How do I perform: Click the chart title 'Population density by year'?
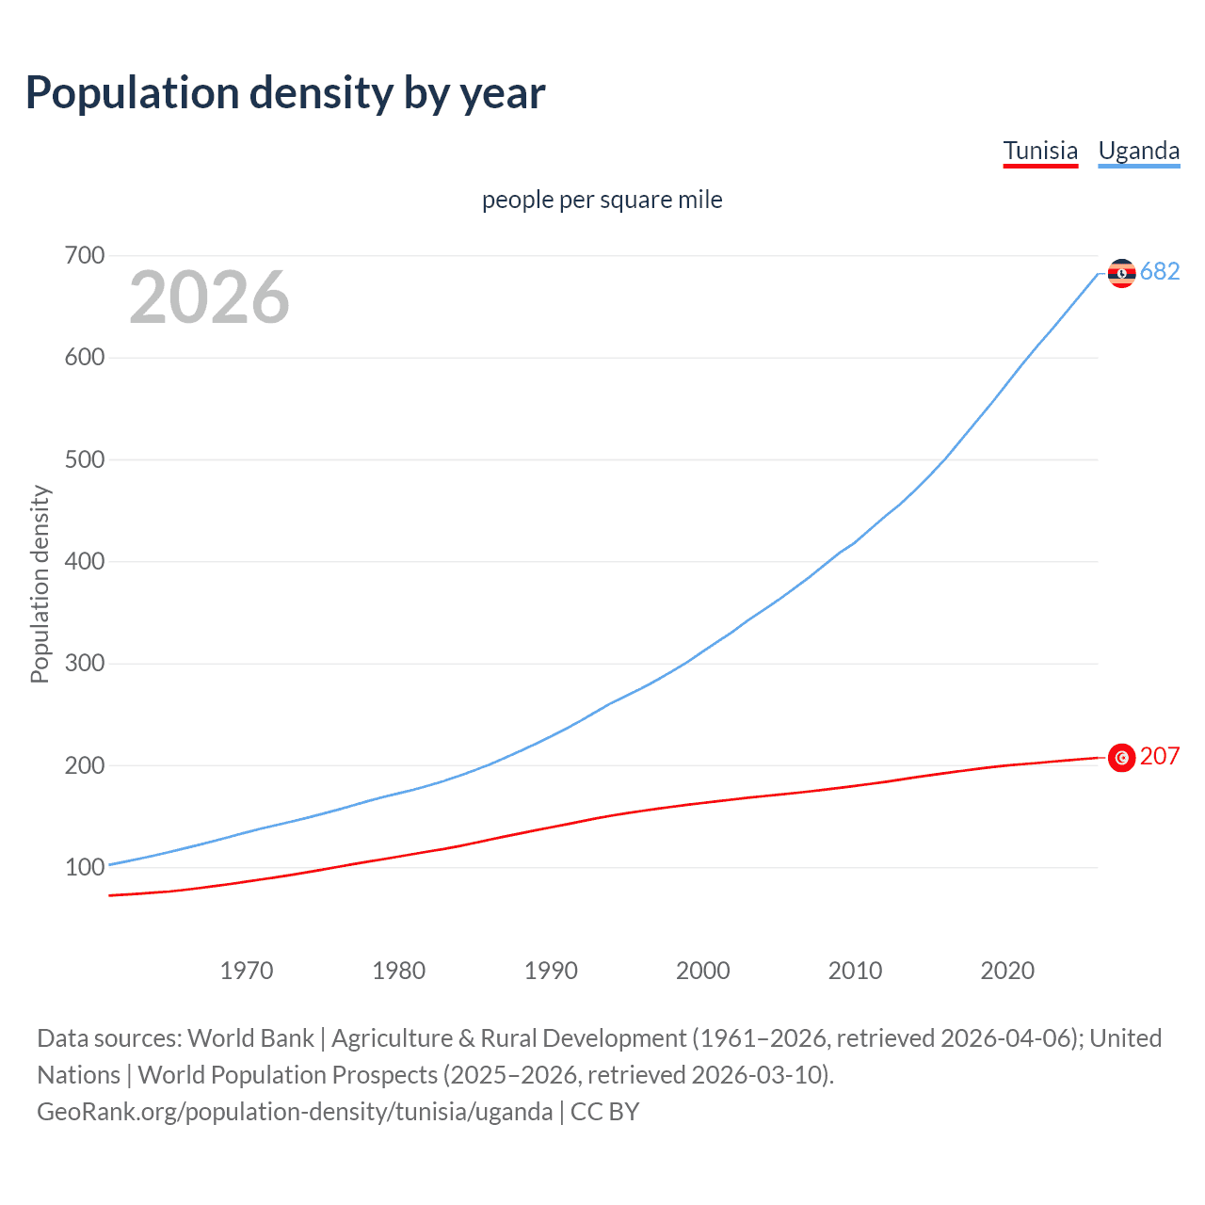point(285,93)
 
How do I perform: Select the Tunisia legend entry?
point(1040,151)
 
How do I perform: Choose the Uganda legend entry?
point(1139,151)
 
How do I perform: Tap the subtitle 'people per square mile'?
point(602,200)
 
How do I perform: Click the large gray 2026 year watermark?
point(209,297)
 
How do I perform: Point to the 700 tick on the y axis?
point(85,255)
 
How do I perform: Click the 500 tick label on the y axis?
point(85,459)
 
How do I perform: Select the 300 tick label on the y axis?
point(85,664)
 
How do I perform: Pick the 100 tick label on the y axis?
point(85,867)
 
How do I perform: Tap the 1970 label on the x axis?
point(247,971)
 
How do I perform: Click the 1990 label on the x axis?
point(551,971)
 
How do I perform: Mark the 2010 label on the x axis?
point(855,971)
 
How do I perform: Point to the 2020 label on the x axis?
point(1007,971)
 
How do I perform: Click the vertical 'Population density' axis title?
point(40,584)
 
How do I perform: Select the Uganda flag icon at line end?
point(1121,273)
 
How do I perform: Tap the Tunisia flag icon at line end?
point(1121,758)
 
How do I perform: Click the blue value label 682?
point(1160,272)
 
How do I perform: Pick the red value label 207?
point(1160,756)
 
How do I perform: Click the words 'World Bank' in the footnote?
point(250,1038)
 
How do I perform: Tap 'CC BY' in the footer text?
point(605,1112)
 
